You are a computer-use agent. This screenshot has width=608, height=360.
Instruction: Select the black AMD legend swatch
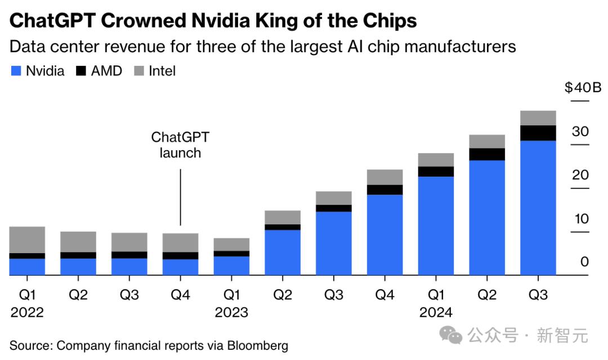click(x=81, y=71)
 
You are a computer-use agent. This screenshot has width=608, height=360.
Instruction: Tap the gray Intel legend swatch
click(x=138, y=71)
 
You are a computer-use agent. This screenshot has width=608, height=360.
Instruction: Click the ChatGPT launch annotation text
click(x=180, y=145)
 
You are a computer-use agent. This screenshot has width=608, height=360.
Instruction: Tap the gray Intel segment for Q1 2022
click(x=27, y=240)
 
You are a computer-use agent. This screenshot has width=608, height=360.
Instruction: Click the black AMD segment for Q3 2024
click(x=538, y=133)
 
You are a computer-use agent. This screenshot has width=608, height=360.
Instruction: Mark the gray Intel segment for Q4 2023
click(x=385, y=177)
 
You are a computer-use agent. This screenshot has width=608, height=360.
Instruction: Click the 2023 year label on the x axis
click(x=231, y=312)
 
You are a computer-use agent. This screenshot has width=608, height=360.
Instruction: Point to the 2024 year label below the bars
click(x=436, y=312)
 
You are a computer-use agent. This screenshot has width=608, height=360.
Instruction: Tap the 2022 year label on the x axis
click(x=27, y=312)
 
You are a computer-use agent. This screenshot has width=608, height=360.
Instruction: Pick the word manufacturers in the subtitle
click(x=459, y=46)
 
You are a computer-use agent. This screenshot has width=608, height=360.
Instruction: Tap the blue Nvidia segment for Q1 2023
click(x=231, y=265)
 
